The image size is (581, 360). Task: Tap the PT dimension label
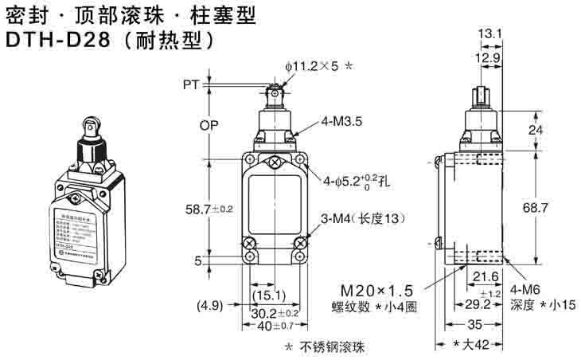pos(190,84)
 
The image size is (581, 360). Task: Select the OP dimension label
pos(192,125)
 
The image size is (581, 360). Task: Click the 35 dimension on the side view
pos(476,325)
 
